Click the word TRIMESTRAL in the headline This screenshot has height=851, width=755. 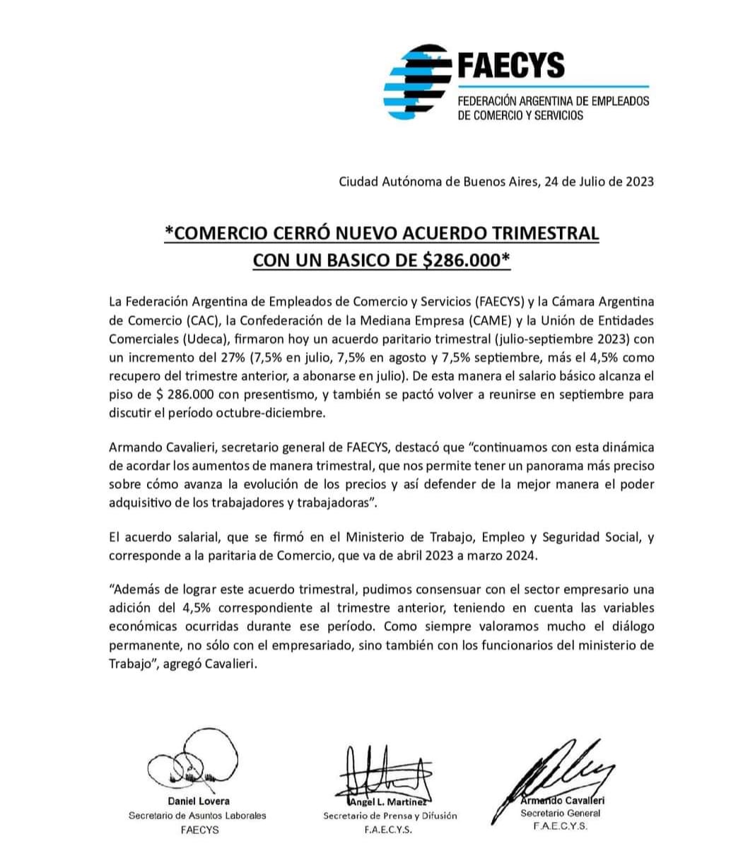click(x=542, y=233)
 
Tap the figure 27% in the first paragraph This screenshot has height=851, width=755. click(x=222, y=358)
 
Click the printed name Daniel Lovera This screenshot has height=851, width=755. click(x=198, y=801)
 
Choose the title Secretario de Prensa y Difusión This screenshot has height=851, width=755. click(x=390, y=815)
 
